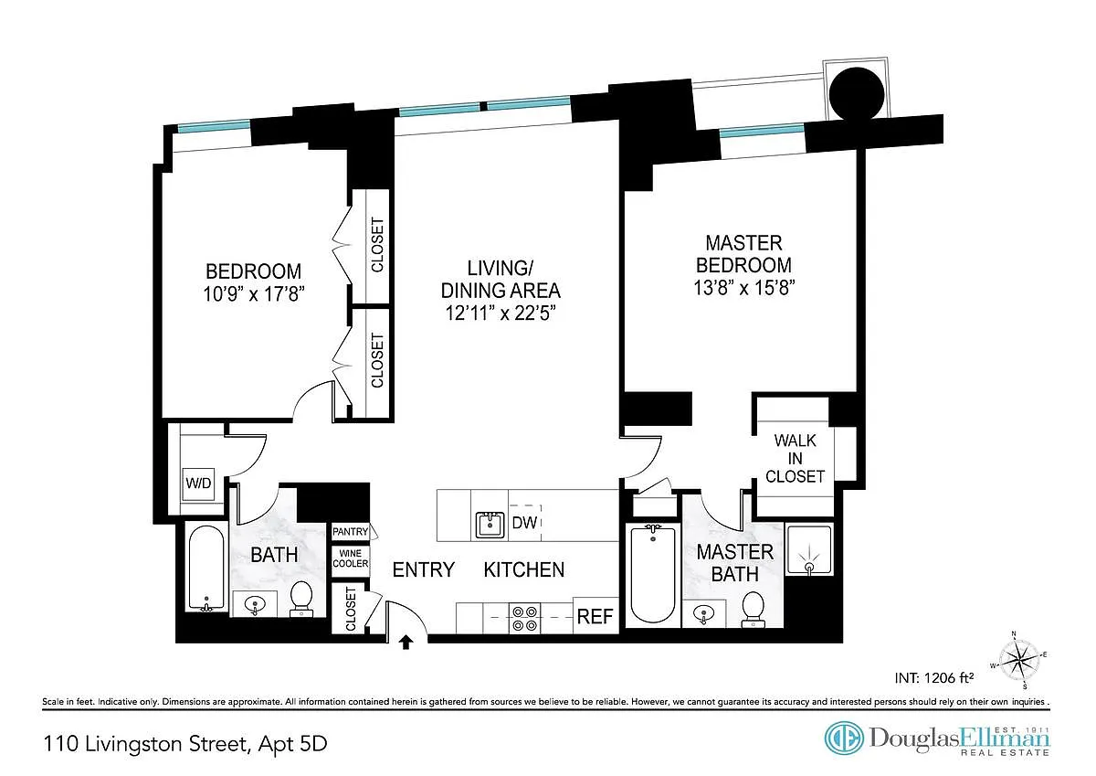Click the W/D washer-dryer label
198,484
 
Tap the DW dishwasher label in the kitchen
524,523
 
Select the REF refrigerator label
595,616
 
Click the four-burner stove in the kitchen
524,619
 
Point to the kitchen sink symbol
490,525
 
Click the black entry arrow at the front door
406,642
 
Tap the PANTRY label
350,531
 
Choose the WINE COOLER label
351,558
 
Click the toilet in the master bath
753,610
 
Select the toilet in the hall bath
300,599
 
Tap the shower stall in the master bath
809,550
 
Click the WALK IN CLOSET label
796,458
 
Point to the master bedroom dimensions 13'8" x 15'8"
743,288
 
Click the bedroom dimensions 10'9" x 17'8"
254,294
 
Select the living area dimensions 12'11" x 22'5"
501,313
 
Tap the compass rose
1018,661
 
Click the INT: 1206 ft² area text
933,677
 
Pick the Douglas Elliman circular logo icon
844,738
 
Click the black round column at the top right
857,93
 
